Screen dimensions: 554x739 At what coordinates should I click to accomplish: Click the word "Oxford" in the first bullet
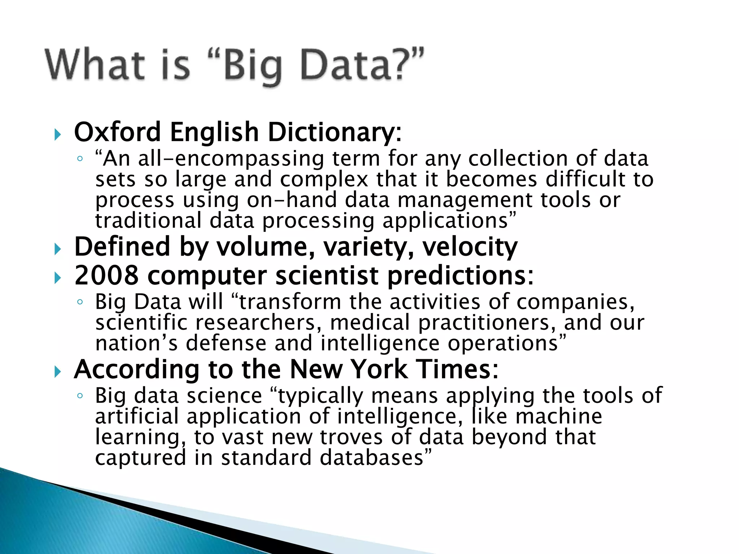(x=117, y=132)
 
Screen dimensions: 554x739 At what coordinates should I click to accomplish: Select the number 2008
(x=106, y=276)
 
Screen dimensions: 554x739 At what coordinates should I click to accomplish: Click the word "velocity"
(x=470, y=247)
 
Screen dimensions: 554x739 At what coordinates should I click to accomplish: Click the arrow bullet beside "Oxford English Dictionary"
(x=58, y=135)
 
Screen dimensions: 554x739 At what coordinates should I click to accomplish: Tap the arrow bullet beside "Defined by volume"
(x=58, y=249)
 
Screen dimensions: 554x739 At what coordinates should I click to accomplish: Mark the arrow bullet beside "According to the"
(x=58, y=371)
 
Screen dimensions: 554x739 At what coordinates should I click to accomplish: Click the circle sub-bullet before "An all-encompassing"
(x=80, y=158)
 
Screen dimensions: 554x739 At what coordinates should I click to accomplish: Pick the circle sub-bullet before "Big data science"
(x=80, y=396)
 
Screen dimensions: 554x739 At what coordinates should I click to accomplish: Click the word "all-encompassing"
(x=231, y=159)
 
